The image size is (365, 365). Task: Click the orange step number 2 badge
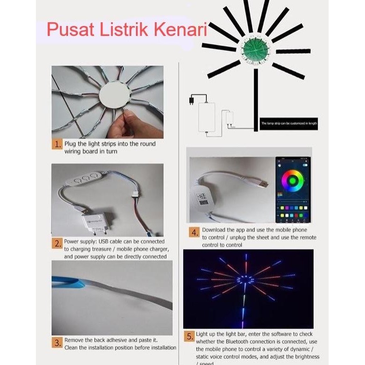(x=57, y=244)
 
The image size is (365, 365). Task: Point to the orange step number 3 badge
(x=57, y=342)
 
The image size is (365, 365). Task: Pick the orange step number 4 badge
(x=195, y=232)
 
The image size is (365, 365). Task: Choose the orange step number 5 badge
(x=189, y=337)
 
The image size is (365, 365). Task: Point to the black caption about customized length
(x=289, y=124)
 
